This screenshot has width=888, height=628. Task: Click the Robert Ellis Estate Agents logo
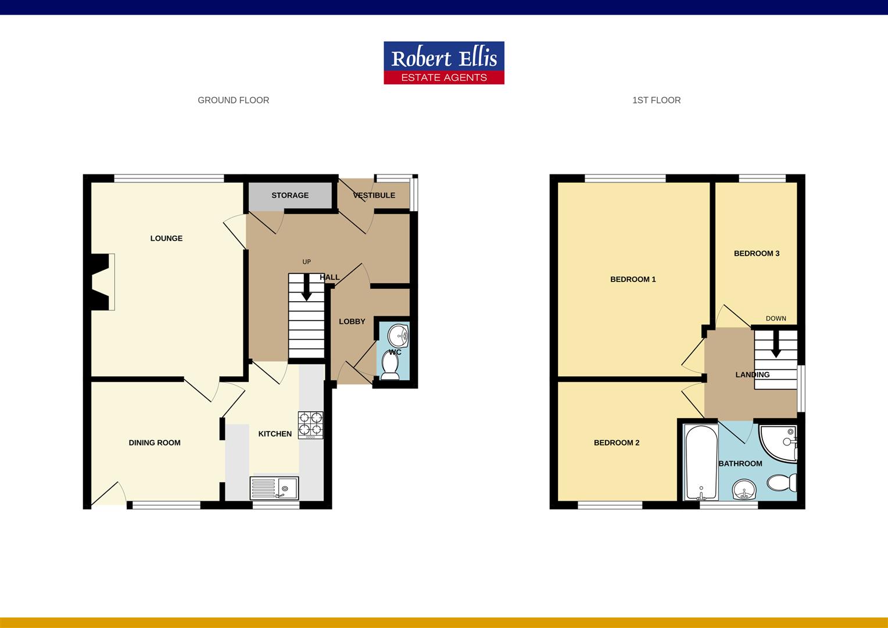click(x=443, y=63)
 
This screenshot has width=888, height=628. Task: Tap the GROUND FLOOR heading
click(x=233, y=100)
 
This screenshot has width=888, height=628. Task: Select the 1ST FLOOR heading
click(x=656, y=100)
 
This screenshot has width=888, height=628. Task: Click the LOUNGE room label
click(x=166, y=238)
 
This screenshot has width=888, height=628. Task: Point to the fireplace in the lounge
click(x=102, y=282)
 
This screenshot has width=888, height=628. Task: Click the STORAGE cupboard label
click(x=290, y=195)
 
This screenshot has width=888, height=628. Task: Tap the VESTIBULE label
click(x=374, y=195)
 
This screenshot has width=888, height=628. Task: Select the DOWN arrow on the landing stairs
click(x=775, y=348)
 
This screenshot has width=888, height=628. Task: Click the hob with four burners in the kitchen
click(x=310, y=424)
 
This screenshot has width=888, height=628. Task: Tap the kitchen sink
click(x=274, y=488)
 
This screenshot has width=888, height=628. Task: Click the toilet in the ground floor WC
click(x=390, y=365)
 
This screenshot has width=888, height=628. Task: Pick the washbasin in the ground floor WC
click(x=398, y=336)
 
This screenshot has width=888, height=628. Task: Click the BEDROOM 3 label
click(x=756, y=254)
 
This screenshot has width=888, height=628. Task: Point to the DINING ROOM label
click(x=155, y=443)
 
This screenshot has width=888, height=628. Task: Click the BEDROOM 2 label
click(x=616, y=443)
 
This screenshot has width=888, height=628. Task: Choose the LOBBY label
click(x=352, y=322)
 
